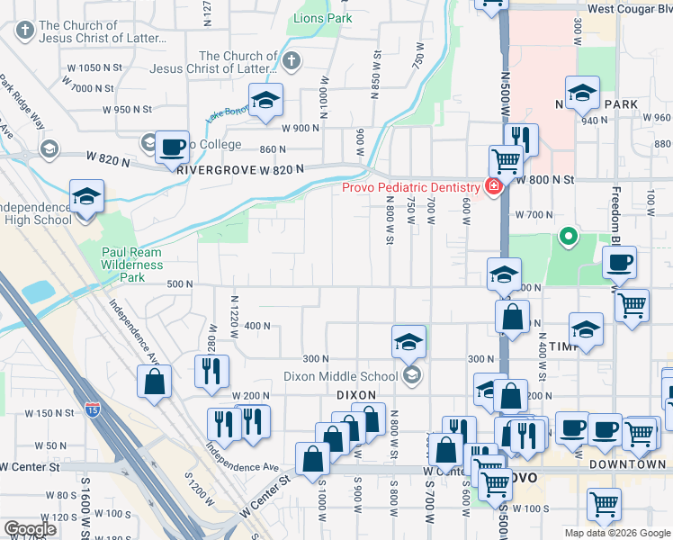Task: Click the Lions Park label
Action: [x=318, y=18]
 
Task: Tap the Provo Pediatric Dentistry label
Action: [x=409, y=187]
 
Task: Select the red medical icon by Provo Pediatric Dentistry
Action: [x=493, y=187]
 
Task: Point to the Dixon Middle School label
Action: [x=339, y=376]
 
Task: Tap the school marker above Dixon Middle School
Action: [x=408, y=343]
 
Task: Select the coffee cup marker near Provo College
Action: [x=172, y=148]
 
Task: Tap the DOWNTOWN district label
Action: [x=628, y=464]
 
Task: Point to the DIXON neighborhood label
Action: [x=354, y=395]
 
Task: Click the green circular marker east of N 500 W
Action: [x=568, y=238]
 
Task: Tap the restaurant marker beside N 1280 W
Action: [x=211, y=372]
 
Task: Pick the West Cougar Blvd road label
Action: [x=629, y=8]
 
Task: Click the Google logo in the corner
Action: [x=30, y=529]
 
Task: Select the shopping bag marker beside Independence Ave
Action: [x=155, y=382]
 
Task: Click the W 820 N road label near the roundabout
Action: [x=107, y=157]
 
